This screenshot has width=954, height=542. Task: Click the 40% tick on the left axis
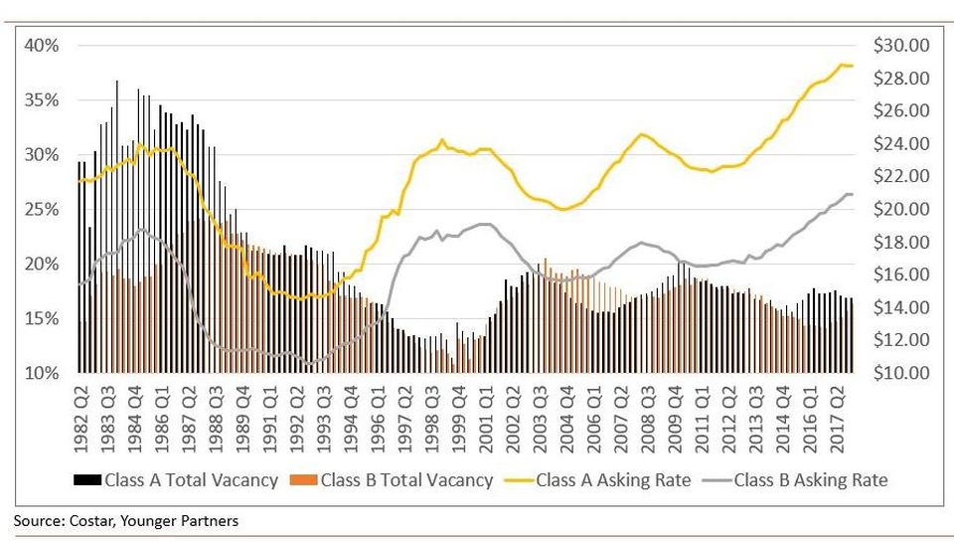[x=42, y=46]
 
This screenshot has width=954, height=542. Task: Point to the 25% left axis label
[x=42, y=210]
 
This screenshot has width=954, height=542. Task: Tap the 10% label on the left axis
[x=42, y=373]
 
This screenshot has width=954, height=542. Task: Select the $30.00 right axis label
[x=901, y=46]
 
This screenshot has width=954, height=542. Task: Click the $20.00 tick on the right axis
[x=901, y=209]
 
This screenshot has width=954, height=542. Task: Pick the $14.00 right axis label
[x=901, y=307]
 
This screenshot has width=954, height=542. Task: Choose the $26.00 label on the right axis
[x=901, y=110]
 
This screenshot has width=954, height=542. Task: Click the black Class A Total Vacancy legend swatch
[x=87, y=480]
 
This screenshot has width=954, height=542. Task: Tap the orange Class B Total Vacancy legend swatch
[x=304, y=480]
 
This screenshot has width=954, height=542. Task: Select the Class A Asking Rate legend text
[x=613, y=480]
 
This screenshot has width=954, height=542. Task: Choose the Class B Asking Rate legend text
[x=811, y=480]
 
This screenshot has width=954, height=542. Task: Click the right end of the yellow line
[x=853, y=66]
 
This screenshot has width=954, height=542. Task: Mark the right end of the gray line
[x=853, y=194]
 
